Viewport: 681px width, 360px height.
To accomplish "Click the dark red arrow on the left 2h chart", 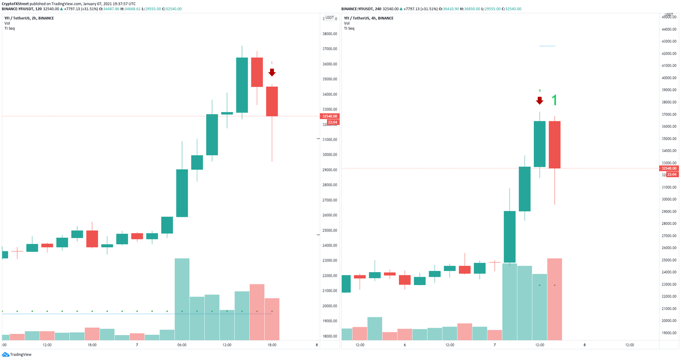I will (x=272, y=72).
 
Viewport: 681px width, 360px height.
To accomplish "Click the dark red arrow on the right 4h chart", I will (x=540, y=100).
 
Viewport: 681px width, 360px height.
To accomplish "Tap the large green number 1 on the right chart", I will (x=554, y=101).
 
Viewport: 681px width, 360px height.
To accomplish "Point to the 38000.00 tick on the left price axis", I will (x=330, y=34).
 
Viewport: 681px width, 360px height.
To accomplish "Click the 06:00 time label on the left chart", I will (x=182, y=345).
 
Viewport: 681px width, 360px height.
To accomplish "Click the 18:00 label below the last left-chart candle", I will (x=272, y=345).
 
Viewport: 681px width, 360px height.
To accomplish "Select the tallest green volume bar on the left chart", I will (x=182, y=299).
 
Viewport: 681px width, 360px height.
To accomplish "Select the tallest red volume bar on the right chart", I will (x=555, y=299).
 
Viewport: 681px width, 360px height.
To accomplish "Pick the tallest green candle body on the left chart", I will (x=242, y=85).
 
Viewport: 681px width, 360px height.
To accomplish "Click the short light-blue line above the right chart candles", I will (x=547, y=46).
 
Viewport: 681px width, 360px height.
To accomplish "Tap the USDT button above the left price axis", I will (x=329, y=18).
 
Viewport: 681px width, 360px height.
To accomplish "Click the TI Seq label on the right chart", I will (x=349, y=28).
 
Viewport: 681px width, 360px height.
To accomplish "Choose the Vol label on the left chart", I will (x=7, y=23).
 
